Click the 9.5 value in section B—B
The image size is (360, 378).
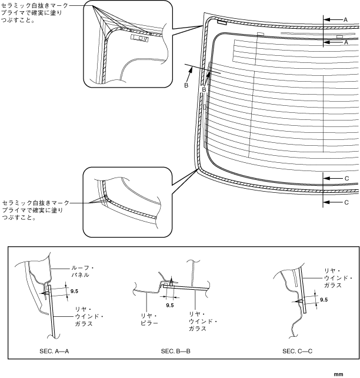tap(170, 305)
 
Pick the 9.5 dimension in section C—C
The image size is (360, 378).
tap(324, 300)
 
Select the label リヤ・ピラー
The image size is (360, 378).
tap(147, 320)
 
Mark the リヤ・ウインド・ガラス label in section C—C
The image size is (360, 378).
tap(338, 277)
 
